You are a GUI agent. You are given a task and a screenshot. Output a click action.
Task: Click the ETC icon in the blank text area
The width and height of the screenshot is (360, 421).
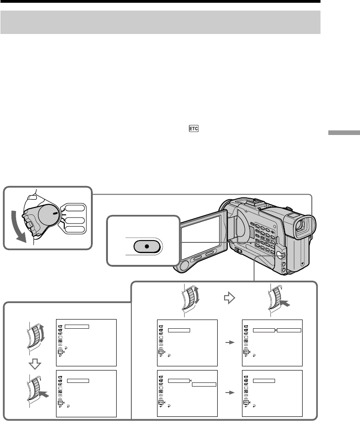click(193, 130)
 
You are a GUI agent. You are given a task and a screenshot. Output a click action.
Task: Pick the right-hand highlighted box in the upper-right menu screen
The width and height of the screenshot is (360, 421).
click(289, 330)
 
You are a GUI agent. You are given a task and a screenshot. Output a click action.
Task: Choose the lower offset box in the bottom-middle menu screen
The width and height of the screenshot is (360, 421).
click(204, 384)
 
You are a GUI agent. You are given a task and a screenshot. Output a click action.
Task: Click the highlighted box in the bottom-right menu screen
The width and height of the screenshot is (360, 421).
click(264, 381)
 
